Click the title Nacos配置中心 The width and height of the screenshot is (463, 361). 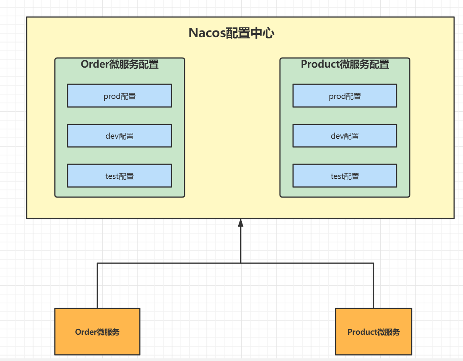(x=231, y=33)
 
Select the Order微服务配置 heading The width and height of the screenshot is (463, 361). (x=119, y=64)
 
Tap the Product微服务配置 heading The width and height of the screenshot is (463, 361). (x=344, y=64)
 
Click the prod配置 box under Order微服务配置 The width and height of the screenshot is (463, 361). (x=119, y=96)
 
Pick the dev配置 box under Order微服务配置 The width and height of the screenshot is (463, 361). (x=119, y=136)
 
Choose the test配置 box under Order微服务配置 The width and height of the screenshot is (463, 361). (x=119, y=176)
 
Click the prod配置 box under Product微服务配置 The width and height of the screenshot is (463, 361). (x=344, y=96)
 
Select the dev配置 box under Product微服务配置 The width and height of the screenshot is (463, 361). (x=344, y=136)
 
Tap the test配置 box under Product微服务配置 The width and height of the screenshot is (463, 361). (x=344, y=176)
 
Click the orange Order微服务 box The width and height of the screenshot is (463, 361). (x=97, y=332)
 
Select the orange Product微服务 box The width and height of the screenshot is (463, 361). (x=373, y=332)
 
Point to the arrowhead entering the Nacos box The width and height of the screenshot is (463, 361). (x=241, y=223)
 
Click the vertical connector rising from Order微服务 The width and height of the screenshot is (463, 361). (x=97, y=286)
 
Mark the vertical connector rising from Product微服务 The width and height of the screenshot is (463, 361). (x=373, y=286)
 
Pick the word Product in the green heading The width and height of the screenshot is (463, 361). (x=320, y=64)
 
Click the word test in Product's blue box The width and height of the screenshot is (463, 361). (x=337, y=176)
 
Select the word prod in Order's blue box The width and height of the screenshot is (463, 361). (x=112, y=96)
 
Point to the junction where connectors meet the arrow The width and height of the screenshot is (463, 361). (x=241, y=263)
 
